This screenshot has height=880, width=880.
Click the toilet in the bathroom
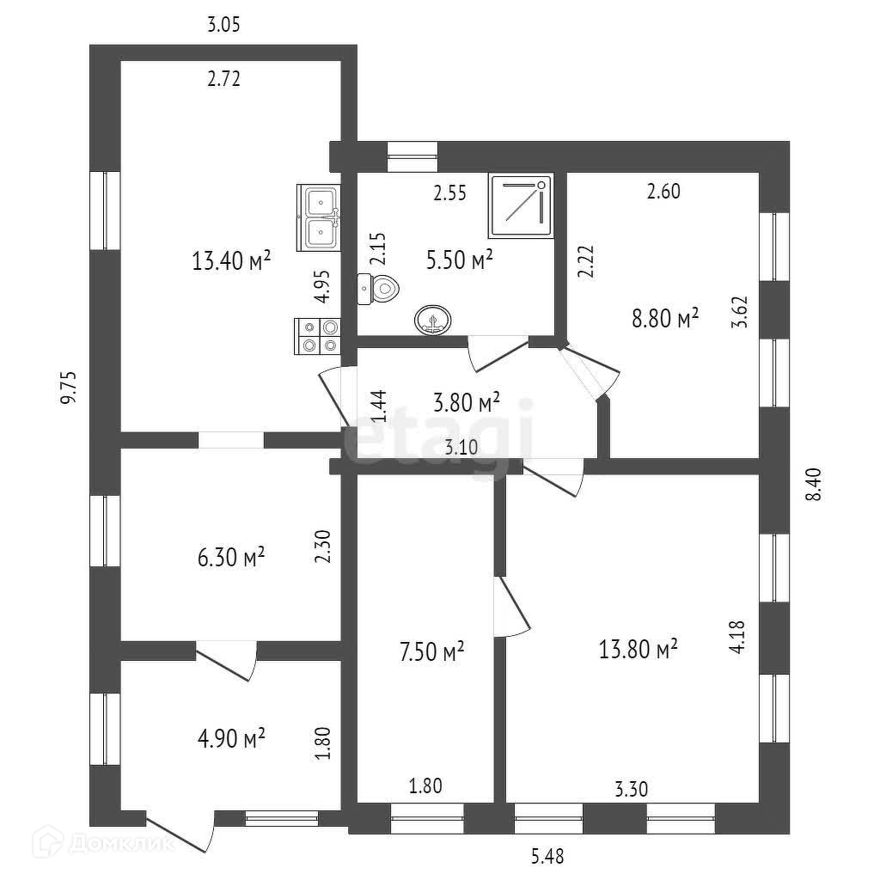click(x=379, y=289)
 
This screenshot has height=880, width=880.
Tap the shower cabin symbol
click(x=521, y=206)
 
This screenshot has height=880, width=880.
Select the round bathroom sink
click(x=432, y=321)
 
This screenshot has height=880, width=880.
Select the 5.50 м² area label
click(x=460, y=260)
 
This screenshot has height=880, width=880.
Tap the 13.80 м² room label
click(x=639, y=649)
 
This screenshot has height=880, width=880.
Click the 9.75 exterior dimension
click(x=70, y=387)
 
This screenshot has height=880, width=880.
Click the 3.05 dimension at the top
click(x=223, y=25)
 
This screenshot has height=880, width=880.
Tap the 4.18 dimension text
click(x=736, y=639)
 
